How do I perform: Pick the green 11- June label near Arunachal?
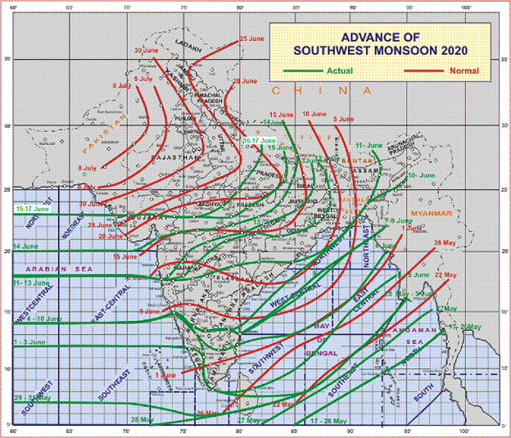coord(369,145)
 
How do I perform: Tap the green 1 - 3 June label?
coord(29,341)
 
